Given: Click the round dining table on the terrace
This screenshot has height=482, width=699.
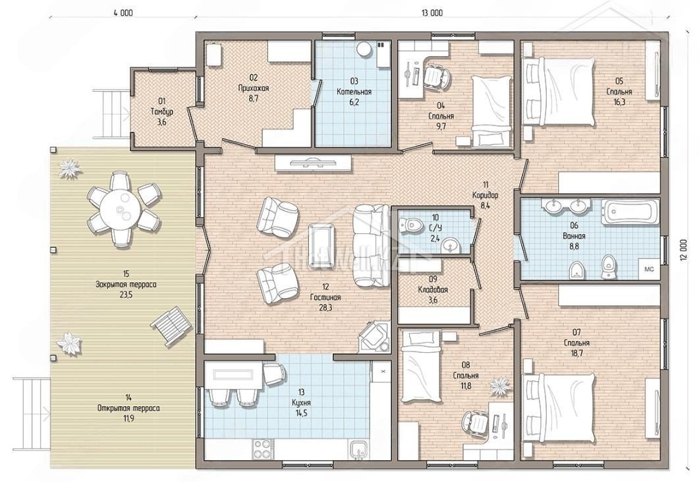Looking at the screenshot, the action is pyautogui.click(x=120, y=209).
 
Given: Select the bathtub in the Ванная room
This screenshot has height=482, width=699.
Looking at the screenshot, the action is pyautogui.click(x=630, y=212).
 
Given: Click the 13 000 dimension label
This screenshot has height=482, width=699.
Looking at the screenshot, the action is pyautogui.click(x=432, y=13).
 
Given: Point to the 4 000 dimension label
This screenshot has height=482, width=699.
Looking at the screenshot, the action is pyautogui.click(x=123, y=13).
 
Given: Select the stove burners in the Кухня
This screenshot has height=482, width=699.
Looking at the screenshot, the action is pyautogui.click(x=263, y=448).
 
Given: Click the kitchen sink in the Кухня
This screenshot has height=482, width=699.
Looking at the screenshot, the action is pyautogui.click(x=359, y=450).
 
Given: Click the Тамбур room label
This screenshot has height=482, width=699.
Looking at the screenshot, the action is pyautogui.click(x=162, y=111).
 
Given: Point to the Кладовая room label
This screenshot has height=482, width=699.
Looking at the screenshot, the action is pyautogui.click(x=433, y=289).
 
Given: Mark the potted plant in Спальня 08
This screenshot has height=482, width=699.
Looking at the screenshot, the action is pyautogui.click(x=499, y=385).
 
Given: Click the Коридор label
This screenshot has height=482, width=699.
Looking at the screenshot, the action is pyautogui.click(x=486, y=195).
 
